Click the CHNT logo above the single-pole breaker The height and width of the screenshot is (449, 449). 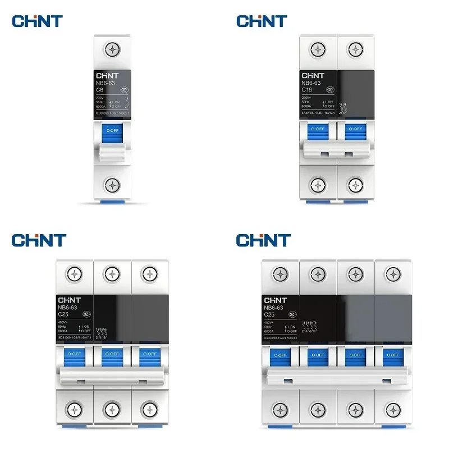pyautogui.click(x=37, y=21)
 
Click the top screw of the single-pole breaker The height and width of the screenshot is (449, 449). pyautogui.click(x=113, y=49)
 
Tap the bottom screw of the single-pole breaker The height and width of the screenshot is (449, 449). pyautogui.click(x=113, y=184)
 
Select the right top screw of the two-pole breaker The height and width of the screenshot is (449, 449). pyautogui.click(x=355, y=49)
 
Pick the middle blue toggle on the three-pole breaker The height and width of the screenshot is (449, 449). pyautogui.click(x=112, y=355)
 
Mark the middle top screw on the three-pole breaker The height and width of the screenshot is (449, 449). pyautogui.click(x=112, y=274)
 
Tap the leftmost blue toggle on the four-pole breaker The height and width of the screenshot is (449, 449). pyautogui.click(x=279, y=355)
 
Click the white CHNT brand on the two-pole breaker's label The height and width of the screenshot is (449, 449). pyautogui.click(x=313, y=75)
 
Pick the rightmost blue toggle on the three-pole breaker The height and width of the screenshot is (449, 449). pyautogui.click(x=149, y=355)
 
